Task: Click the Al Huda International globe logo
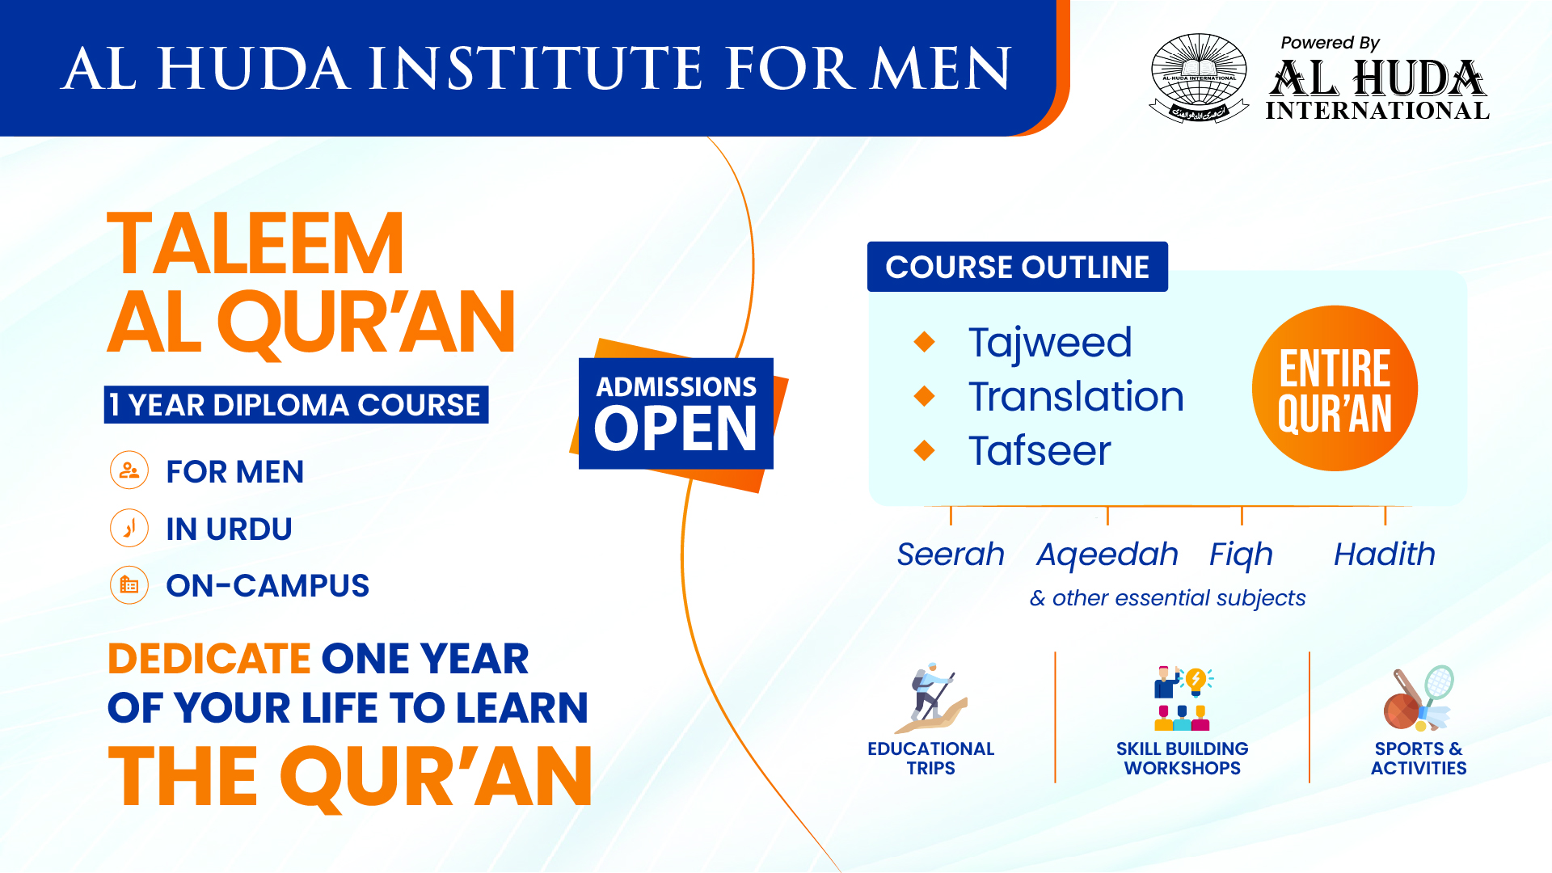tap(1199, 78)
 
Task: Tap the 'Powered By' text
tap(1330, 43)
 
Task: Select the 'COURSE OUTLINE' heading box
tap(1018, 267)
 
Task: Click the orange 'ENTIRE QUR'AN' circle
tap(1335, 388)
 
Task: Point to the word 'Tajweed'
tap(1050, 344)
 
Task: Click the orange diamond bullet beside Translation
tap(925, 396)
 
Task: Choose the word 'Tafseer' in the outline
tap(1040, 450)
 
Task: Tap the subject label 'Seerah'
tap(951, 555)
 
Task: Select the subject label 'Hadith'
tap(1385, 555)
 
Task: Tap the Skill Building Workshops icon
tap(1183, 698)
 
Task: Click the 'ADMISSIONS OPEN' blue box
tap(676, 413)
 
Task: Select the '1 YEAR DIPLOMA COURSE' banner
tap(296, 404)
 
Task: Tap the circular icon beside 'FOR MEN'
tap(129, 470)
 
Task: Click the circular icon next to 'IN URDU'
tap(129, 529)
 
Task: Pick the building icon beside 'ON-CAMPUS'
tap(129, 585)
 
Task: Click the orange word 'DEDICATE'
tap(209, 659)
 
